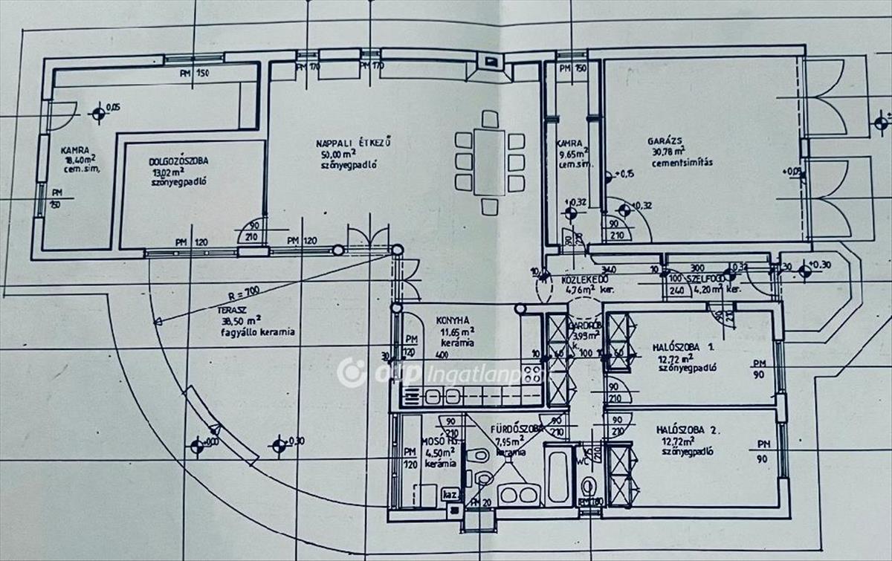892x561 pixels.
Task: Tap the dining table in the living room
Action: (x=489, y=162)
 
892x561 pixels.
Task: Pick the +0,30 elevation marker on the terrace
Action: (x=279, y=445)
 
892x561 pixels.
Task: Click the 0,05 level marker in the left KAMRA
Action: (x=99, y=114)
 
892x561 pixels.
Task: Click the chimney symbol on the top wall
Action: (x=488, y=63)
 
